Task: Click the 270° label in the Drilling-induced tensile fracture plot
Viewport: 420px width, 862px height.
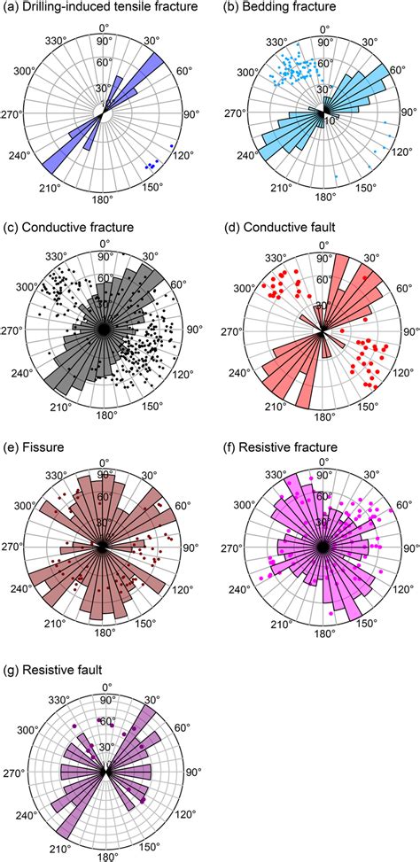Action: tap(12, 113)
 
